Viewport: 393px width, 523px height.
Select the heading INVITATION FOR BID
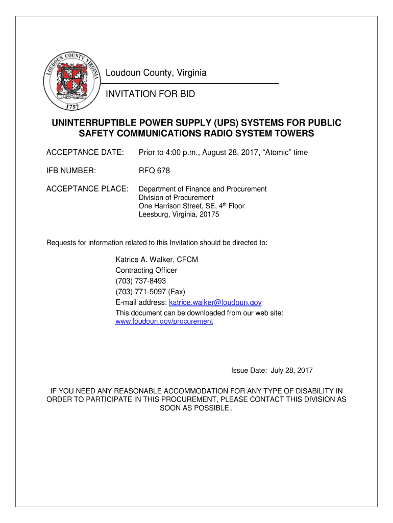(x=150, y=94)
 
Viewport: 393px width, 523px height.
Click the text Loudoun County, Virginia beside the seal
(x=156, y=74)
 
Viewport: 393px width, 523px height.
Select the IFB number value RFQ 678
(x=154, y=171)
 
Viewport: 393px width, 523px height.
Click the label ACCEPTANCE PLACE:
(x=87, y=189)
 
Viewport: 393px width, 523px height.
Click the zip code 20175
(x=208, y=215)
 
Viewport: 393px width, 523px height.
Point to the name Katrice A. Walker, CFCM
(x=157, y=259)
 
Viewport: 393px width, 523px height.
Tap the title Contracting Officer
(x=146, y=270)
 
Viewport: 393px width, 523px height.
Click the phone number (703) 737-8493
(x=140, y=281)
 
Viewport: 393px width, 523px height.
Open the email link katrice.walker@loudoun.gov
(x=211, y=302)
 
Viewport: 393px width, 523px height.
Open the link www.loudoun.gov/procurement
(x=164, y=322)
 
